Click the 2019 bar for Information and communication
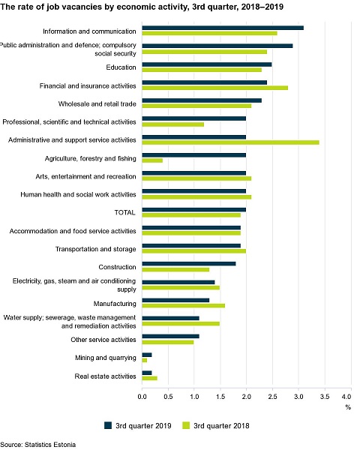223,28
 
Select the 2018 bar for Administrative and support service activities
230,142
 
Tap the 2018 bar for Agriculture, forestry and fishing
152,160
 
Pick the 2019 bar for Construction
189,264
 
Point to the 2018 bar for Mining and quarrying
145,360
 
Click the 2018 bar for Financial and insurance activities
215,88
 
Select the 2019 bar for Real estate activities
147,373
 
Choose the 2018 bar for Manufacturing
184,306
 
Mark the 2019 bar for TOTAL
194,210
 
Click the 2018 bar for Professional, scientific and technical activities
173,124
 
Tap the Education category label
121,67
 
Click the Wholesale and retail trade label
97,104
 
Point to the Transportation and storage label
95,249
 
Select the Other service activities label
103,340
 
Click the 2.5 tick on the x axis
272,397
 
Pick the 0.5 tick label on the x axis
168,397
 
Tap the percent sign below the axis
348,407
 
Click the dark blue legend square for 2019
108,425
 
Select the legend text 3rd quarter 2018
221,425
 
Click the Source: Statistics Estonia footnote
38,445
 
